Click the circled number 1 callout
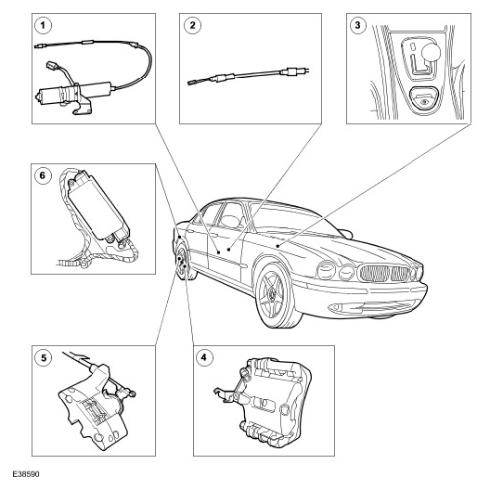coord(43,25)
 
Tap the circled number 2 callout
coord(192,25)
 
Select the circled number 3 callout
coord(358,25)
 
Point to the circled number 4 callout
coord(204,357)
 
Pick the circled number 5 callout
coord(43,357)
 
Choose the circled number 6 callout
coord(43,175)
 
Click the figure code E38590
coord(26,474)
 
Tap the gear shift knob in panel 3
coord(431,52)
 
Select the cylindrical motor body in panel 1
coord(74,92)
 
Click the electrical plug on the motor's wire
coord(51,66)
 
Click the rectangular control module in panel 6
coord(98,206)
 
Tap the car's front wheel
coord(276,295)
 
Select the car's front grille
coord(385,274)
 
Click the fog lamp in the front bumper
coord(336,307)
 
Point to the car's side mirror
coord(345,234)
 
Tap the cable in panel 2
coord(249,76)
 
